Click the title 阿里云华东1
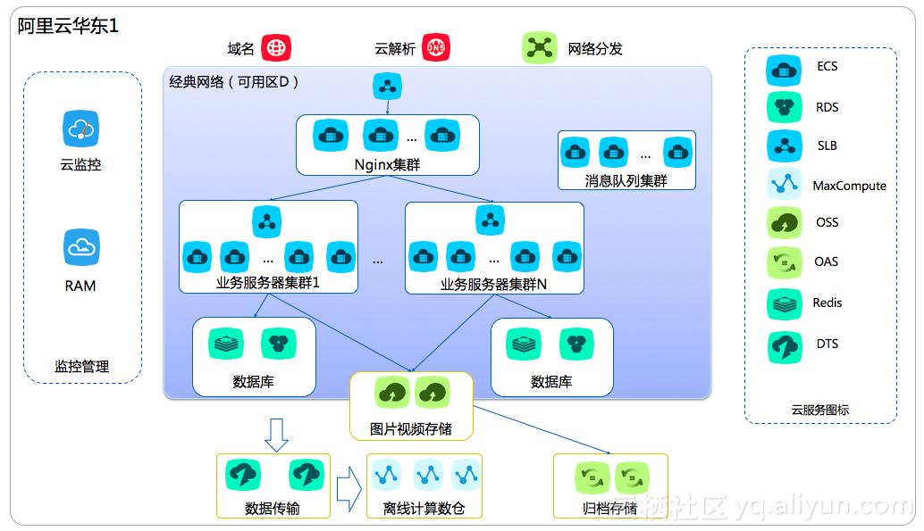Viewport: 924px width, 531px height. point(68,26)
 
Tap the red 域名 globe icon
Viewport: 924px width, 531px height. point(277,48)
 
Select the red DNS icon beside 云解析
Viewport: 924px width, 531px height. point(436,48)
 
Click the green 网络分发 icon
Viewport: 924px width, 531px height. point(539,48)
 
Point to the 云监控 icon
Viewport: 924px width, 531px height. point(80,129)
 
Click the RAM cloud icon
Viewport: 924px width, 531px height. point(80,247)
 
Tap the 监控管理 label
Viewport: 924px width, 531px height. point(81,366)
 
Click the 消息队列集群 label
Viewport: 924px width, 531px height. point(626,180)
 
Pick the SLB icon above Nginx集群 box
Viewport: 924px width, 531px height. point(388,87)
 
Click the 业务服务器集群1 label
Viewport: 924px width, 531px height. point(268,284)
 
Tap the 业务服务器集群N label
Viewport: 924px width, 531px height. point(493,284)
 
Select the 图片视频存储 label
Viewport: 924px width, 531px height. point(411,428)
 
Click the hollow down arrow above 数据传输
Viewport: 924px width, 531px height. point(277,435)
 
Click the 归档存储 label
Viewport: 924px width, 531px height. point(609,509)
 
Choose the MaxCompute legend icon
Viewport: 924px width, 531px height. point(785,184)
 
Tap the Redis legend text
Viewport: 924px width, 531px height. point(827,303)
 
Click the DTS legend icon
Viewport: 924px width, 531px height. point(785,346)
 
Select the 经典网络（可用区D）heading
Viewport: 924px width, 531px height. point(234,82)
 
